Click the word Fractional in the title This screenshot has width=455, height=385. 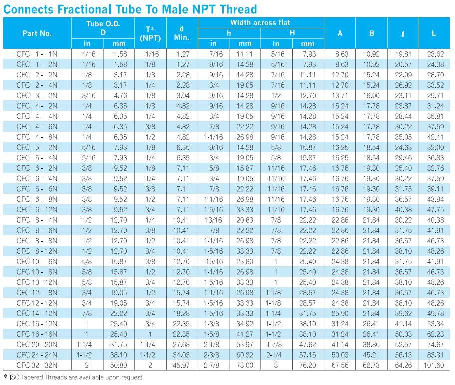pos(84,9)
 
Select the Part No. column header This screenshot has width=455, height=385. pos(37,33)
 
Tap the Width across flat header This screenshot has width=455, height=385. pos(260,22)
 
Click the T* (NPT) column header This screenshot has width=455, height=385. pos(150,33)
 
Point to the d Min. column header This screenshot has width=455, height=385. pos(182,33)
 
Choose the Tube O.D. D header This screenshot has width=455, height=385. pos(103,28)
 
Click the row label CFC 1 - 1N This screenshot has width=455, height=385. pos(37,54)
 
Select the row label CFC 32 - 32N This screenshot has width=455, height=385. pos(37,365)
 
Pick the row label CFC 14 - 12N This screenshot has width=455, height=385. pos(37,313)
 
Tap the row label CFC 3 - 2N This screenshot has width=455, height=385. pos(37,96)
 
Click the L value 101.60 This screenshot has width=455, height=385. pos(434,365)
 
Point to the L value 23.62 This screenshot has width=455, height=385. pos(435,54)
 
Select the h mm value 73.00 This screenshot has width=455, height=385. pos(245,365)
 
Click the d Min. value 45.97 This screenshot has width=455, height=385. pos(181,365)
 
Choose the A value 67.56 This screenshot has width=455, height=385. pos(340,365)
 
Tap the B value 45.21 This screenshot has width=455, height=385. pos(371,355)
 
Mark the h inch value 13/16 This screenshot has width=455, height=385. pos(214,220)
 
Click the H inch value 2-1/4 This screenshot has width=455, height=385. pos(274,355)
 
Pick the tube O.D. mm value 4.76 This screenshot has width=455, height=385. pos(120,96)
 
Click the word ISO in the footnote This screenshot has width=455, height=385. pos(15,377)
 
